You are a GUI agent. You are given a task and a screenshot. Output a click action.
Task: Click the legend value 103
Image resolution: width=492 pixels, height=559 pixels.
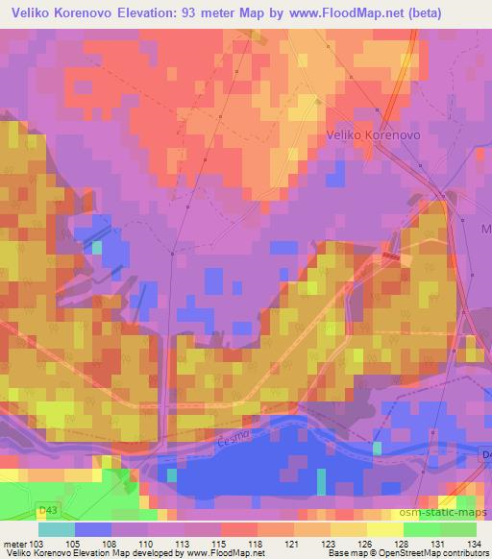tap(37, 543)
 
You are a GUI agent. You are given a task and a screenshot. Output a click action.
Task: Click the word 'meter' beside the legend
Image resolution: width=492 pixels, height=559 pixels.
tap(14, 543)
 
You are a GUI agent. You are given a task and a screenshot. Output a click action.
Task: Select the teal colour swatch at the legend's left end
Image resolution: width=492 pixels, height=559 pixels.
tap(56, 528)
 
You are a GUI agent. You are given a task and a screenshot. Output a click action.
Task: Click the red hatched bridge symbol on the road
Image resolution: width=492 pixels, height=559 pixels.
tap(391, 256)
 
